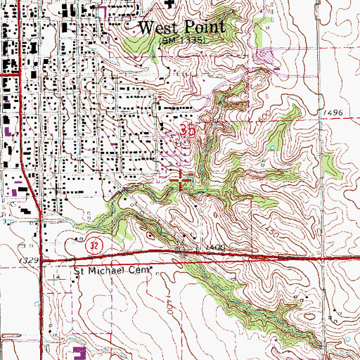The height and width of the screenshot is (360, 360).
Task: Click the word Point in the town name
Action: coord(205,27)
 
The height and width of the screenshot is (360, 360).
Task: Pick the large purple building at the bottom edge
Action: coord(79,352)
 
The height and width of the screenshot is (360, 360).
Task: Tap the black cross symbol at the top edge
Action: coord(169,4)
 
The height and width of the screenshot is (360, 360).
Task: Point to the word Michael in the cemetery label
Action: coord(110,270)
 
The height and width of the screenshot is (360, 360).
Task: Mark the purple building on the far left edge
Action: coord(8,131)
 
